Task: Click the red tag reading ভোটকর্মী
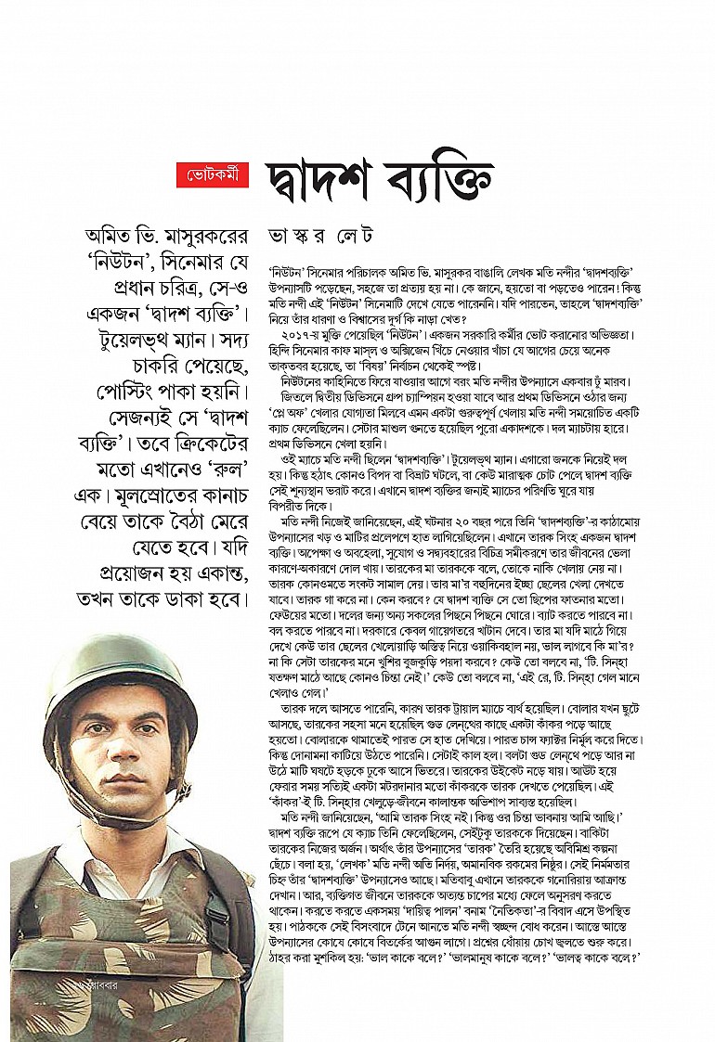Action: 213,174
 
